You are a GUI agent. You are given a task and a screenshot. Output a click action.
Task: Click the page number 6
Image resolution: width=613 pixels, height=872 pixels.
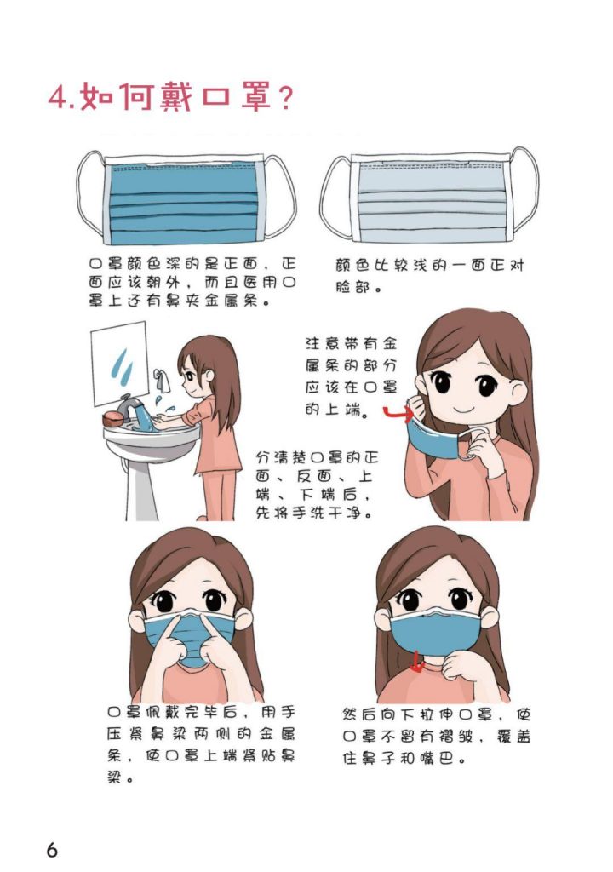52,849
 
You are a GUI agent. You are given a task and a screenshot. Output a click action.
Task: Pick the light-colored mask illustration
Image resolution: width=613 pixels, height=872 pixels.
429,197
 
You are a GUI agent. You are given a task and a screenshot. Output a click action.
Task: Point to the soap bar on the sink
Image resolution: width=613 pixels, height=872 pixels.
113,419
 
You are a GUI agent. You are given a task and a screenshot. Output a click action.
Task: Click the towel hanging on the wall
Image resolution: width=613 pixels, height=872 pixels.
163,380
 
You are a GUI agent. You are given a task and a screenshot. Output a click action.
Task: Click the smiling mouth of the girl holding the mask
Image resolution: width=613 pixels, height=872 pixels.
461,409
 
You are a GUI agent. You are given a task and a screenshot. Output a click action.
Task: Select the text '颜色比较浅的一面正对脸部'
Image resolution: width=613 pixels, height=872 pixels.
429,277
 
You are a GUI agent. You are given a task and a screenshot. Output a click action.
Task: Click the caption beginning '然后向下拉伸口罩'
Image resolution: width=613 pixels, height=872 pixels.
436,737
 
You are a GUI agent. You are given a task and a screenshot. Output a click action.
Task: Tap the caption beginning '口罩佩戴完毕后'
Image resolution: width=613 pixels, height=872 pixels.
201,745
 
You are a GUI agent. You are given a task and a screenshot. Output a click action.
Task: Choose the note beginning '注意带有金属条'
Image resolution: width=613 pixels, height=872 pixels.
352,376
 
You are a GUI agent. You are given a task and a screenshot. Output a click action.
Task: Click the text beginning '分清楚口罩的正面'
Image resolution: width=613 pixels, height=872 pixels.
316,485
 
